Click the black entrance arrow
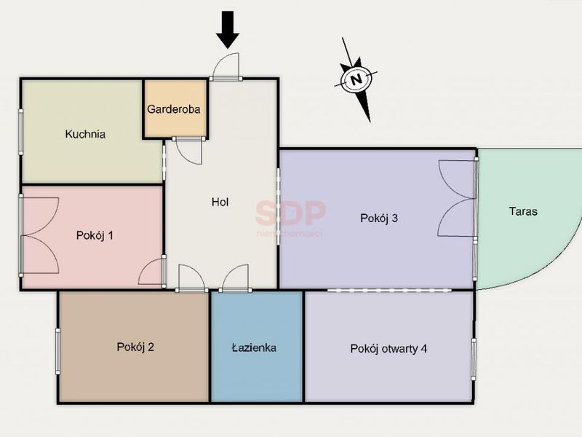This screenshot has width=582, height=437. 228,30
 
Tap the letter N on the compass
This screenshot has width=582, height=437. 356,79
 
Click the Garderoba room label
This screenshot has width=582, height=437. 174,109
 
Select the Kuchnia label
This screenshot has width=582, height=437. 85,134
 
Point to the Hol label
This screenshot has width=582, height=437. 220,202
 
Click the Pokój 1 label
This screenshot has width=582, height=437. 95,235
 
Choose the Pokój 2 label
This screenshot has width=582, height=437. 135,347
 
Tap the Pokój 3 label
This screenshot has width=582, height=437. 379,218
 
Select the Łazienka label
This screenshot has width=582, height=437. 254,347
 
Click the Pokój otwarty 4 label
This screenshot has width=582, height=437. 388,349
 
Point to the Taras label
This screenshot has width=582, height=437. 523,211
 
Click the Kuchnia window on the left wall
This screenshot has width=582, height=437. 21,132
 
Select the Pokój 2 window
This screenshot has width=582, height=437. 58,351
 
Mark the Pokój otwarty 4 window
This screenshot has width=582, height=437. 474,359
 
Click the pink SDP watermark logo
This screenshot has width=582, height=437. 290,213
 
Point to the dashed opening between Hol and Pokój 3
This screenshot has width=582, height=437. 279,206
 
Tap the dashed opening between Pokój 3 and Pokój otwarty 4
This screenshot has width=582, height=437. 389,290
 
